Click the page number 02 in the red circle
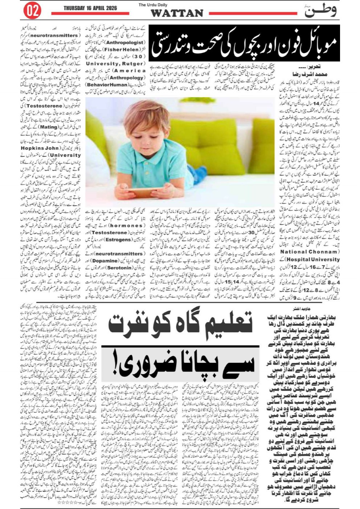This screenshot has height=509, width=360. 32,11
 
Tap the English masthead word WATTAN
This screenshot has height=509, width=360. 177,13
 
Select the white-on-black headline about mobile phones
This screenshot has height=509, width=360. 244,43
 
